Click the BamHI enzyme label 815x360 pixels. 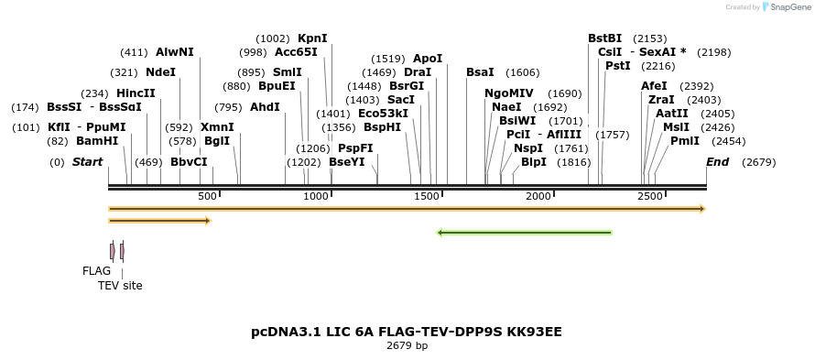pyautogui.click(x=96, y=141)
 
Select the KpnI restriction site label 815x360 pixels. pyautogui.click(x=312, y=38)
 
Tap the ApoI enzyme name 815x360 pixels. pyautogui.click(x=428, y=58)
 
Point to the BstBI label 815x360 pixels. pyautogui.click(x=604, y=38)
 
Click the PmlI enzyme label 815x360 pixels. pyautogui.click(x=684, y=141)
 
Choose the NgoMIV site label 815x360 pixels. pyautogui.click(x=508, y=93)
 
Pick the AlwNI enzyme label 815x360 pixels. pyautogui.click(x=174, y=52)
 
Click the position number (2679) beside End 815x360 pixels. pyautogui.click(x=759, y=162)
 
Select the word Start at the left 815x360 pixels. pyautogui.click(x=87, y=162)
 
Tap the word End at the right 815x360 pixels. pyautogui.click(x=717, y=162)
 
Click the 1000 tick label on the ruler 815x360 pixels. pyautogui.click(x=316, y=197)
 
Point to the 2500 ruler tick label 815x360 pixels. pyautogui.click(x=649, y=197)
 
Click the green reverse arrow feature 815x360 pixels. pyautogui.click(x=525, y=233)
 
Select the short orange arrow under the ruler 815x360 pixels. pyautogui.click(x=159, y=221)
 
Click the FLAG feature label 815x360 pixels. pyautogui.click(x=96, y=271)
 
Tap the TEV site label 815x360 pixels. pyautogui.click(x=120, y=286)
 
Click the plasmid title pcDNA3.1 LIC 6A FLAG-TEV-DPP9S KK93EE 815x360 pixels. pyautogui.click(x=407, y=331)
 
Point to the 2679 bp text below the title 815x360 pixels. pyautogui.click(x=407, y=346)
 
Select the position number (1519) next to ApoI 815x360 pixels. pyautogui.click(x=387, y=58)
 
